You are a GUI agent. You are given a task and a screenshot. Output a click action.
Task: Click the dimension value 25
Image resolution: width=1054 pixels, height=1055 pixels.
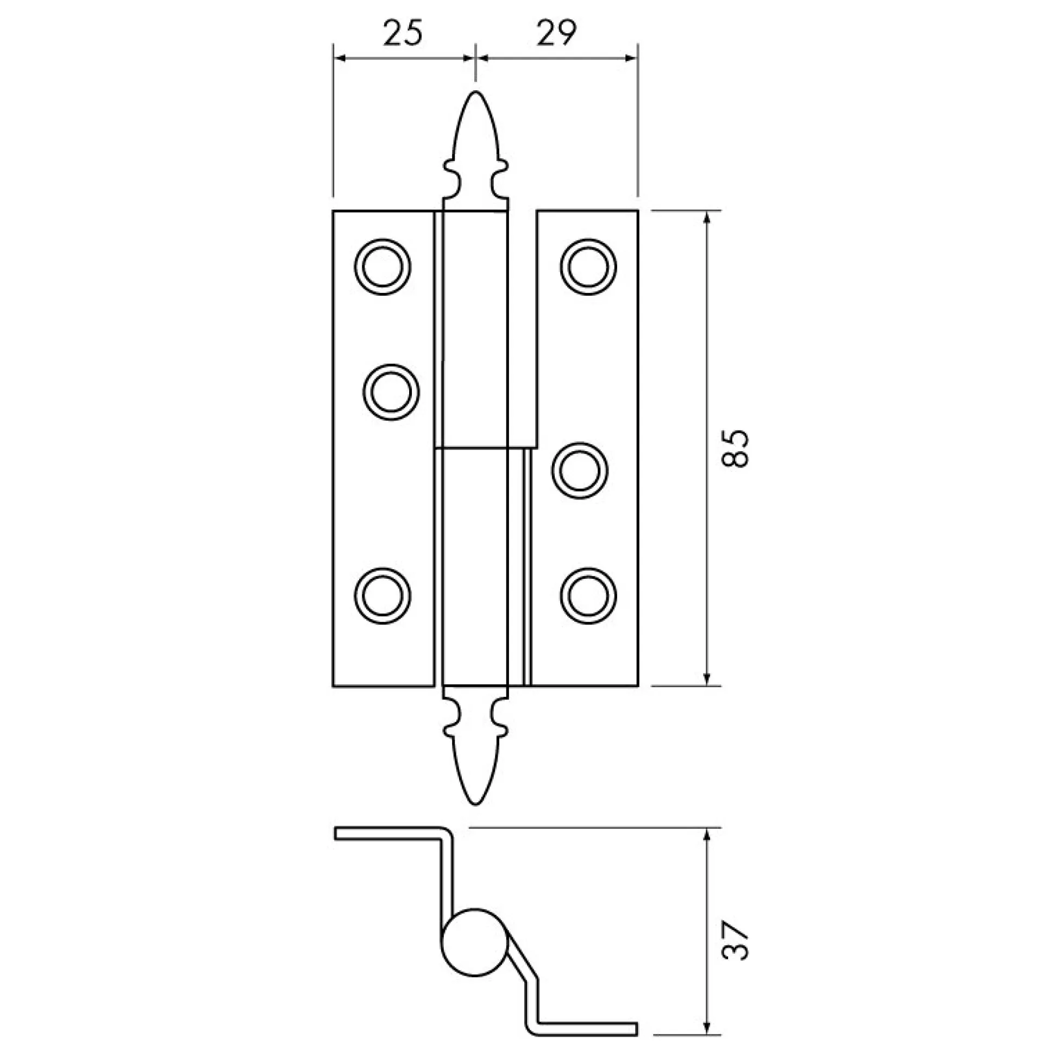(x=403, y=33)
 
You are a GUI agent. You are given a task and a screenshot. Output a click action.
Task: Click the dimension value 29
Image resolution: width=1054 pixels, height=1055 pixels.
(x=556, y=33)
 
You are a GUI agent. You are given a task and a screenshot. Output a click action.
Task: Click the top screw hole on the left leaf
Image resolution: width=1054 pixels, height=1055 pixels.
(x=382, y=266)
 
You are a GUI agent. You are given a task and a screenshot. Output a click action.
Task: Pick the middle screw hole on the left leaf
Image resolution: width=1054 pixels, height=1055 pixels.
(x=391, y=392)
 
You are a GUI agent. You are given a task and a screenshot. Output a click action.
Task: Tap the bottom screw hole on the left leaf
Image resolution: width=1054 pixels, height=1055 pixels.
(x=382, y=596)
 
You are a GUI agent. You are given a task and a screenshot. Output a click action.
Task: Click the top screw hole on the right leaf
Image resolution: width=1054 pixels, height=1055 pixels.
(x=588, y=266)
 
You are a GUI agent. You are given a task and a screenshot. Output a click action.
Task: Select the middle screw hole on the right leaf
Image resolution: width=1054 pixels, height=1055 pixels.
(x=580, y=470)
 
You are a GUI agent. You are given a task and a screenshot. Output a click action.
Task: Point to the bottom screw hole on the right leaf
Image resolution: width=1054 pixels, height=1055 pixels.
(x=588, y=596)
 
